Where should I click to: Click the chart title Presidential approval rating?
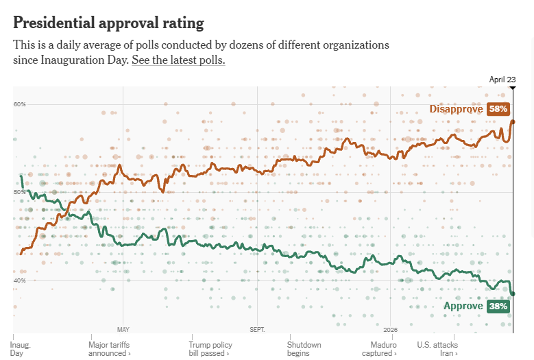(108, 23)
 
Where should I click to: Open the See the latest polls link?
(178, 60)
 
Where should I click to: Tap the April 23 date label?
(502, 80)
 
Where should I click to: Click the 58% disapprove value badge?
(498, 109)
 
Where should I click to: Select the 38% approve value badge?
(498, 307)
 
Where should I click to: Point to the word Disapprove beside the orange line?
(457, 109)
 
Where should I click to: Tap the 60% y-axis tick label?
(19, 104)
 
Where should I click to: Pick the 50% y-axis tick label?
(19, 193)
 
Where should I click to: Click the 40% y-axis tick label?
(19, 280)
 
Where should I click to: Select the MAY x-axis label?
(123, 329)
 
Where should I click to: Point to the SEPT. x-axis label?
(257, 329)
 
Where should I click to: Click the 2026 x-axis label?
(391, 329)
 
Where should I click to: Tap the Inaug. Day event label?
(21, 349)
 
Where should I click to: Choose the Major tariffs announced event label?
(110, 349)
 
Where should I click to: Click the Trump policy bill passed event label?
(210, 349)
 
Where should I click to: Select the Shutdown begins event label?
(304, 349)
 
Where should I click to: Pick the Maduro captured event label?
(384, 349)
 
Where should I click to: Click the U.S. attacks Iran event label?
(437, 349)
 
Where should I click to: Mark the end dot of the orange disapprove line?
(513, 122)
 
